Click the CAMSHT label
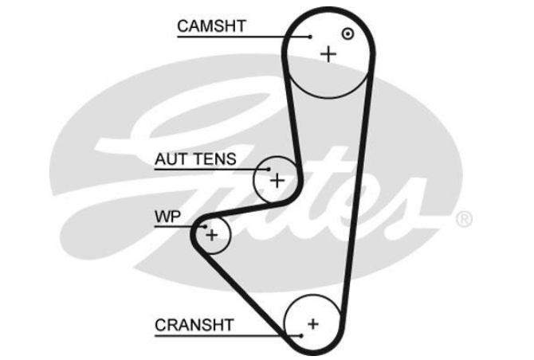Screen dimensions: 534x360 [x=211, y=26]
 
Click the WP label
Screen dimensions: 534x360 [x=167, y=217]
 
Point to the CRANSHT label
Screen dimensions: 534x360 [x=194, y=325]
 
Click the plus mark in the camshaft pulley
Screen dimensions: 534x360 [x=328, y=54]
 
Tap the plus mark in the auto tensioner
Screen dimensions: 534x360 [x=277, y=180]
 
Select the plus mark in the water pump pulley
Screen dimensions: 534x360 [x=212, y=235]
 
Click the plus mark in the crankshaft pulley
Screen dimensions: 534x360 [x=313, y=324]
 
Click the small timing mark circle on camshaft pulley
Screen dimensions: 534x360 [x=347, y=33]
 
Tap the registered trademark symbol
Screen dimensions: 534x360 [x=464, y=219]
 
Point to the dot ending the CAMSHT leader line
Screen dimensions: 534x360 [x=310, y=37]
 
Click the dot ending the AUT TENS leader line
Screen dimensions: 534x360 [x=269, y=169]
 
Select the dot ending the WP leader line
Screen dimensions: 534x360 [x=205, y=226]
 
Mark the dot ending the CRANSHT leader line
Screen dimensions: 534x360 [x=301, y=336]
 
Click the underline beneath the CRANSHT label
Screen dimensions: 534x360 [x=228, y=336]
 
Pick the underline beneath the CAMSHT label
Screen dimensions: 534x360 [x=244, y=37]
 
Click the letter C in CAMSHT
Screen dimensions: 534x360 [x=183, y=26]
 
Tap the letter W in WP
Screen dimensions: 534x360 [x=163, y=217]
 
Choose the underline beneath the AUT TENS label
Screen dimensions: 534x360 [x=212, y=169]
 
